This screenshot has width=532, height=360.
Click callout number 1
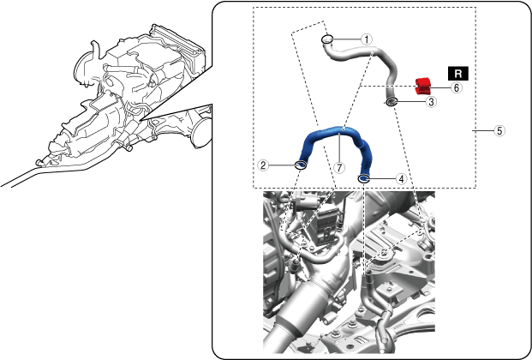[367, 39]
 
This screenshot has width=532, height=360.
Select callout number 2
[263, 165]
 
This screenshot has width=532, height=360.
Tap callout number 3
[431, 101]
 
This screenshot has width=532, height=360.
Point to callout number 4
[402, 178]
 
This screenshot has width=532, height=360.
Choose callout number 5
[499, 131]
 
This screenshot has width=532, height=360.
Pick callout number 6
[457, 87]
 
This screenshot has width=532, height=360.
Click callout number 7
[339, 167]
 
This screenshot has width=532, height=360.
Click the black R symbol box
[458, 74]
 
